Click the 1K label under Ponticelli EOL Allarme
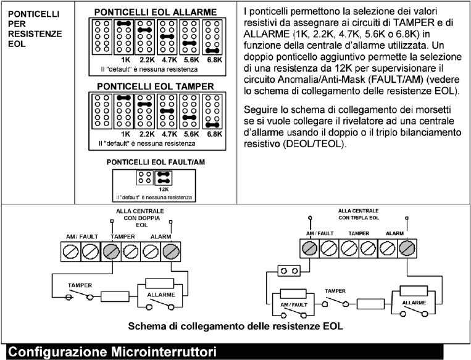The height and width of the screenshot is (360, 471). [126, 61]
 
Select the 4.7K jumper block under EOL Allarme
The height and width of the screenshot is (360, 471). [168, 38]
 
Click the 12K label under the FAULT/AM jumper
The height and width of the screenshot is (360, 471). [165, 190]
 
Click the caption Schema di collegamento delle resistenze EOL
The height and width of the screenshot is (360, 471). [237, 326]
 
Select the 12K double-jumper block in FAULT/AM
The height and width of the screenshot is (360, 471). [165, 178]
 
